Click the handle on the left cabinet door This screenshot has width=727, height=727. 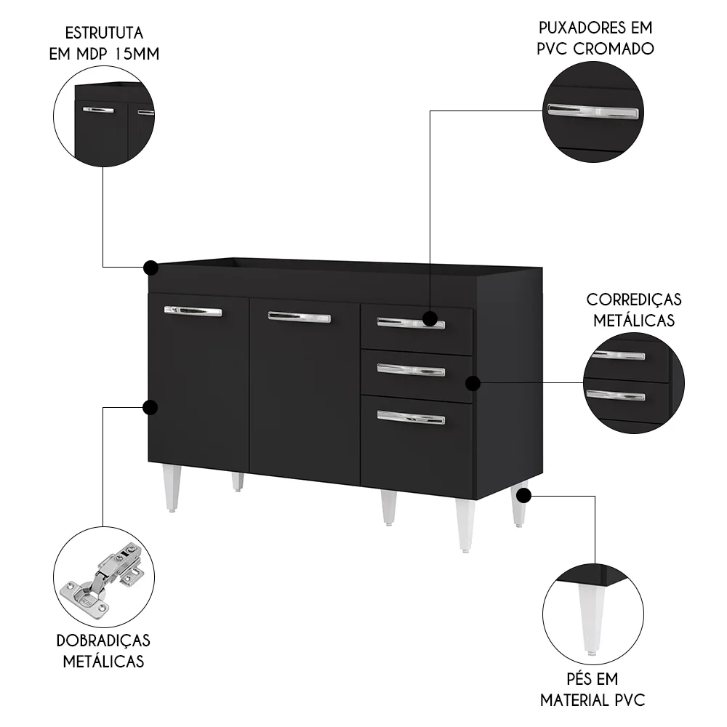tap(193, 311)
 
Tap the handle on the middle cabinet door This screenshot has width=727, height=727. tap(299, 317)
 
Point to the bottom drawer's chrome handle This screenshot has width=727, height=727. tap(411, 417)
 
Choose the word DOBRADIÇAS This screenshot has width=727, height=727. tap(103, 640)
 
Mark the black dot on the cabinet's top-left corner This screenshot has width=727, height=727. tap(151, 268)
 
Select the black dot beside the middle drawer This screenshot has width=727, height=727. tap(472, 382)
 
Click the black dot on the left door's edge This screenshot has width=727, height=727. tap(151, 407)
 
